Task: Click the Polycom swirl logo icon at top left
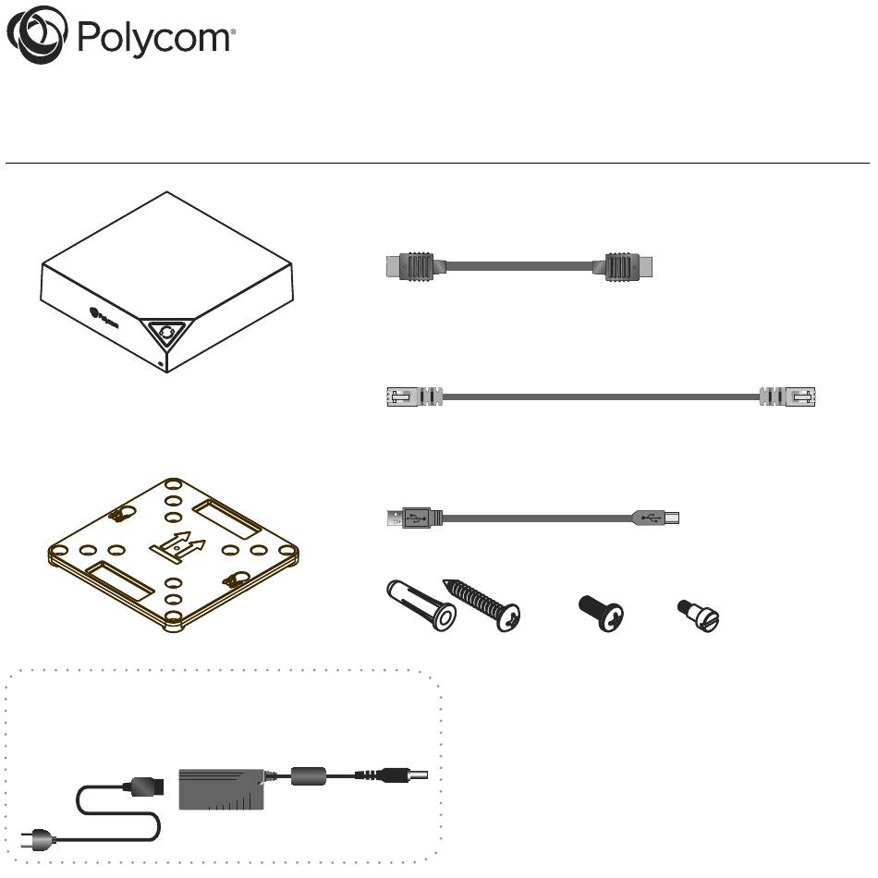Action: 38,35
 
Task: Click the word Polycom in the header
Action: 155,38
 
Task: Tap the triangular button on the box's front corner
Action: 166,333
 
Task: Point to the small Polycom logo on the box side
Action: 104,316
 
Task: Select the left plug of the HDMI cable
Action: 409,266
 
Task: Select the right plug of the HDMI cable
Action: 628,266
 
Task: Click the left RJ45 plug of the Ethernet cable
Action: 414,396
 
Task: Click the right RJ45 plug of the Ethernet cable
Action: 787,396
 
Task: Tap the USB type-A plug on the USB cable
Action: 414,518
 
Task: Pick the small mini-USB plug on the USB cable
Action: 655,518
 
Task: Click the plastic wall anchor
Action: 421,605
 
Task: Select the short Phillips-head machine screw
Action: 601,613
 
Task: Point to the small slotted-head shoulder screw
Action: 699,616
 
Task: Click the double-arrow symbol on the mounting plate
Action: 178,546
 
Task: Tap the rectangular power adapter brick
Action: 221,789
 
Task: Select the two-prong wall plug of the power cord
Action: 38,839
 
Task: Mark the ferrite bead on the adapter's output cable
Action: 308,776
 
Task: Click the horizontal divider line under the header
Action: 437,164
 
